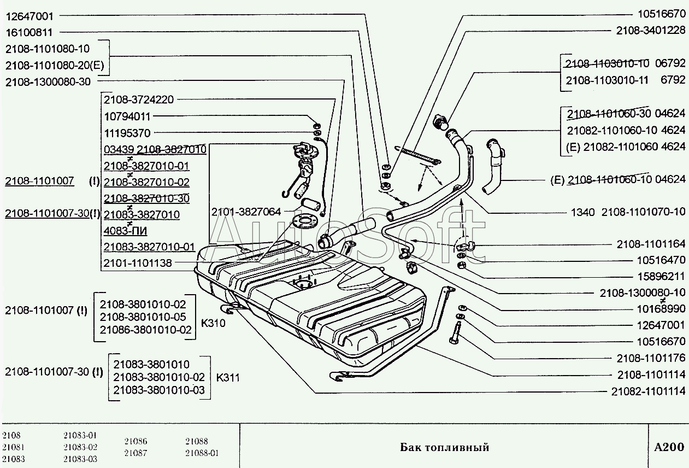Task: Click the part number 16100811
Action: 36,32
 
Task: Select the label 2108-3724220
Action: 139,100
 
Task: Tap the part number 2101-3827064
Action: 246,212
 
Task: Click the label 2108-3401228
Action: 651,31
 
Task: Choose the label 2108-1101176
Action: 651,358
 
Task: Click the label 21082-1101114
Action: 647,391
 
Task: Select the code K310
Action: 213,323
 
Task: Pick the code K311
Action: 228,377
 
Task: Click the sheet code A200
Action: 669,447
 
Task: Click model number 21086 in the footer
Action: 136,441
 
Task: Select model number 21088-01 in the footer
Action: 202,453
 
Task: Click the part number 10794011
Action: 127,116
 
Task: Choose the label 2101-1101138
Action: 138,263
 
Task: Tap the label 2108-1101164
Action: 651,244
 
